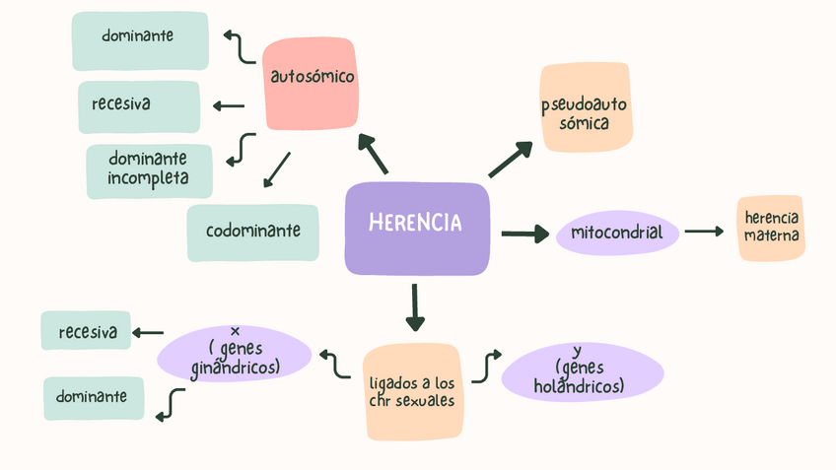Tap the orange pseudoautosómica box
585,107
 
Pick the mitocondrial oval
618,234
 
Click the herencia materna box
771,228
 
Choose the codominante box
253,233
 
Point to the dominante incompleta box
148,169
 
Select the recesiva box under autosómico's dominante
139,105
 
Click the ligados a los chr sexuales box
412,391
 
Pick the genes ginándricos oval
235,353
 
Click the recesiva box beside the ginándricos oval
87,331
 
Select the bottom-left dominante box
93,397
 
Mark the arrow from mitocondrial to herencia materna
705,232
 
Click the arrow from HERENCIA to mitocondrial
523,234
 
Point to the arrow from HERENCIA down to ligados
415,306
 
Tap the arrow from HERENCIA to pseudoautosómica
511,159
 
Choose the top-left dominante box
139,38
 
